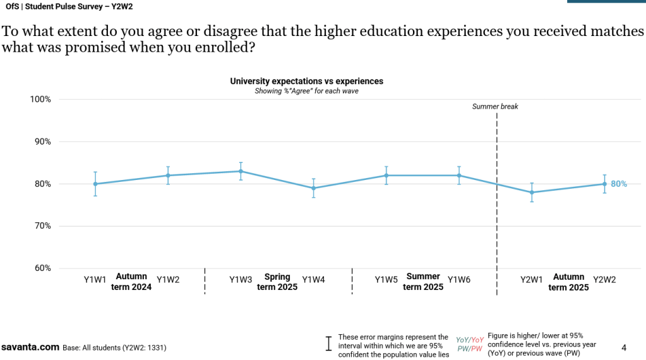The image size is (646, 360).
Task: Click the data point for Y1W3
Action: (x=241, y=171)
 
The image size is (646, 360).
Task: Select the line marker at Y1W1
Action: (x=95, y=184)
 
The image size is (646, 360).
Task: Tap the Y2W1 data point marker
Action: (x=532, y=192)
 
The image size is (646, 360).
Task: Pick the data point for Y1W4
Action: (x=313, y=188)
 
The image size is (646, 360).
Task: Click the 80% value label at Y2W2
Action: (x=619, y=184)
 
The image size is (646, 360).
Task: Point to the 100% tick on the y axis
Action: (x=39, y=99)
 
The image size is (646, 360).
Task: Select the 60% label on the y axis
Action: (x=41, y=268)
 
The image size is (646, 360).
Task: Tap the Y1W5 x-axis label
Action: (x=386, y=280)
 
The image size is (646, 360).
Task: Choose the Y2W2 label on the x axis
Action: (x=604, y=280)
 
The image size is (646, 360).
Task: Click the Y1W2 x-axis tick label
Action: (x=168, y=280)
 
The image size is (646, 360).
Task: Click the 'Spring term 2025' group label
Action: (x=277, y=282)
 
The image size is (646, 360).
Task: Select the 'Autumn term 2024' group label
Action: (x=131, y=282)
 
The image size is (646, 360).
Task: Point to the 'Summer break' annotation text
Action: (x=495, y=107)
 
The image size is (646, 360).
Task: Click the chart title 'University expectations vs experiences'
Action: (x=306, y=81)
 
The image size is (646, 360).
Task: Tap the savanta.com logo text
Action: (x=30, y=347)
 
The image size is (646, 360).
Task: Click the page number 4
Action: (x=624, y=347)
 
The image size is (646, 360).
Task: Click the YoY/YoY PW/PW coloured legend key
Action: (x=470, y=344)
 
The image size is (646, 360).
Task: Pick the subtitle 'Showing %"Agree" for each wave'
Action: (x=306, y=91)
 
